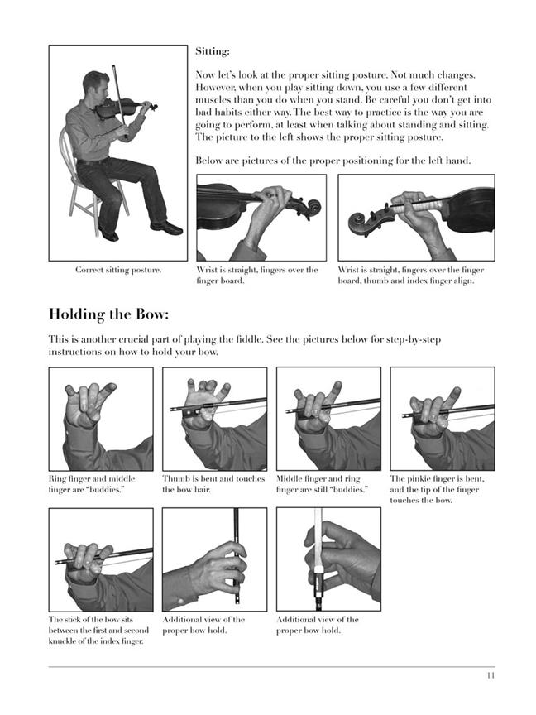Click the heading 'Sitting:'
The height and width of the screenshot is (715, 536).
213,51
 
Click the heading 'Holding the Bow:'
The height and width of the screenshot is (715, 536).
109,314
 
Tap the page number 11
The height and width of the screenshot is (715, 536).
491,675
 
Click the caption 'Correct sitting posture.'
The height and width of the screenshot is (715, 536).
118,270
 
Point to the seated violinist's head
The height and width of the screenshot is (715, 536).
96,88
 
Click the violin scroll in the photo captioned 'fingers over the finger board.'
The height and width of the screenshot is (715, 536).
311,209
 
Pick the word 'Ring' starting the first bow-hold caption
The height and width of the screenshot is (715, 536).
57,479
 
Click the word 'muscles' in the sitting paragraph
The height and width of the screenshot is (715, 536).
213,100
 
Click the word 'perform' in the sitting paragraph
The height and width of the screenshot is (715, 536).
253,125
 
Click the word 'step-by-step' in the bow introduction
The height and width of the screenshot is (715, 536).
414,340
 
